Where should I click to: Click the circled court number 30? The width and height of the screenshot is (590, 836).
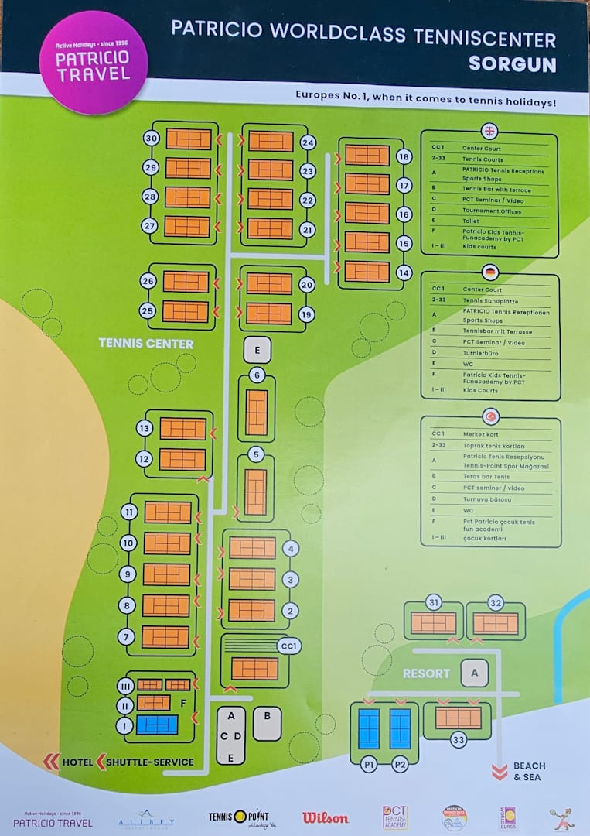[x=152, y=139]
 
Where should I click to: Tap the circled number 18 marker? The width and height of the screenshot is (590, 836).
[x=403, y=156]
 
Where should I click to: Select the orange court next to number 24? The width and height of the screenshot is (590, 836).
[x=271, y=142]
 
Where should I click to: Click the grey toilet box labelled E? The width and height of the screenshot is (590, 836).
[x=257, y=350]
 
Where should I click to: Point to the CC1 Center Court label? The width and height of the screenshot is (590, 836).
[x=288, y=646]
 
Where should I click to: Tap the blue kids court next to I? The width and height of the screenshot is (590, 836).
[x=157, y=725]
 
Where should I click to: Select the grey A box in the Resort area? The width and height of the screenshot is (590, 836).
[x=475, y=673]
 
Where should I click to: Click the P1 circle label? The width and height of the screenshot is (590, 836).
[x=370, y=764]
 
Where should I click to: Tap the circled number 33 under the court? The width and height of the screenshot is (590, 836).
[x=459, y=741]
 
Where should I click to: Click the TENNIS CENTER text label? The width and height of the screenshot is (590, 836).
[x=146, y=343]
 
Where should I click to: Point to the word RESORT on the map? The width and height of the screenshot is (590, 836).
[x=426, y=673]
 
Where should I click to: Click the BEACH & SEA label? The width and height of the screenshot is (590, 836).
[x=528, y=771]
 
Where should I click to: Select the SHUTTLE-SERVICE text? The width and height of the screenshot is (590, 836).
[x=151, y=762]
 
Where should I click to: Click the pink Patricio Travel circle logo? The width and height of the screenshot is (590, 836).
[x=93, y=63]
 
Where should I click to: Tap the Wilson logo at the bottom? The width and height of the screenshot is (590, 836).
[x=325, y=817]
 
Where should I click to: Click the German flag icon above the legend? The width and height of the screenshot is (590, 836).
[x=489, y=272]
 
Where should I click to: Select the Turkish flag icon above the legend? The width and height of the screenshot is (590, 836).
[x=489, y=416]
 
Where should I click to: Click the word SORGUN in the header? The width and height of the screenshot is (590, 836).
[x=512, y=63]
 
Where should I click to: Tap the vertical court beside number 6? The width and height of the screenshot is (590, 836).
[x=257, y=412]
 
